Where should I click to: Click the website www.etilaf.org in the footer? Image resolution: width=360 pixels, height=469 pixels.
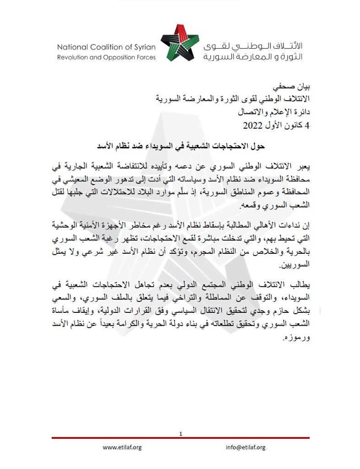point(122,447)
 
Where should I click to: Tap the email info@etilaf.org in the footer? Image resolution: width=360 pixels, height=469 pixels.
point(245,447)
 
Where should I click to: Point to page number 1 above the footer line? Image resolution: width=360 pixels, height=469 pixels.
point(181,433)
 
